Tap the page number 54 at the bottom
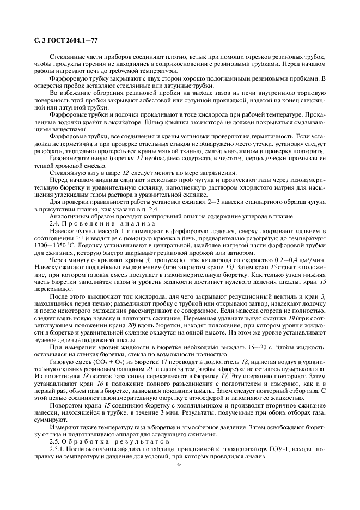coord(179,465)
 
